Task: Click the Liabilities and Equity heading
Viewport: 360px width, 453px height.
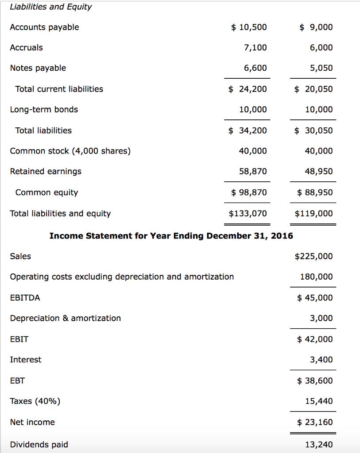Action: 50,7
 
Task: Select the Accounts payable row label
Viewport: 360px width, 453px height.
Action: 44,27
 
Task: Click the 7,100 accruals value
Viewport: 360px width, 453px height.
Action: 255,48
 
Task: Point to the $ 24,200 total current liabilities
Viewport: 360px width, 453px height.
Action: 248,89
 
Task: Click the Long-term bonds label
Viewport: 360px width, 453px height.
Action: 44,109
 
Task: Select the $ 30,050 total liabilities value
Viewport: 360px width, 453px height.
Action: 314,131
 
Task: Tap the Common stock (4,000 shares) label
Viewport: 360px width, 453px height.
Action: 70,151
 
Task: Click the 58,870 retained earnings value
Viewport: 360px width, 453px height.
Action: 253,171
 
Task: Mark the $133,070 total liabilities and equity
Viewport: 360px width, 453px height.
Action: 248,214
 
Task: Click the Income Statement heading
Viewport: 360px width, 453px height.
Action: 171,235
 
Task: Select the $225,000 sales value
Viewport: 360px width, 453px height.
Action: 314,256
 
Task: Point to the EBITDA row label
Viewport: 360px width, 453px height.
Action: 25,298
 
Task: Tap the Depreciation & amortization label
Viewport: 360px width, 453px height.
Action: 65,318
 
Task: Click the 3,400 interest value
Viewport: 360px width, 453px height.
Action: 322,360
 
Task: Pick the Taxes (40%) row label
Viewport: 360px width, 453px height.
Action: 35,401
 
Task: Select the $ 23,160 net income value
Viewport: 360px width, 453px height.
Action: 315,422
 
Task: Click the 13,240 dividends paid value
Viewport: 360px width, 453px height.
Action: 319,445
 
